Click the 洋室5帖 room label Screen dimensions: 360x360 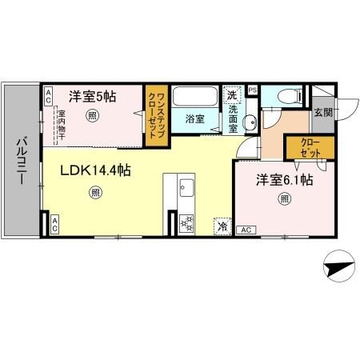[x=93, y=97]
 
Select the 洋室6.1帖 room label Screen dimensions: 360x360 [x=284, y=181]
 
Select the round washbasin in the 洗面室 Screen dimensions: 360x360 [x=249, y=122]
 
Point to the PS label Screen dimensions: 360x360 [x=253, y=90]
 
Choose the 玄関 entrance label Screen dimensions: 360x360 [x=322, y=112]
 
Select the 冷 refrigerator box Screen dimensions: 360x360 [x=221, y=227]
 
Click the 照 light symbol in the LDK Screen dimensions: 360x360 [x=95, y=191]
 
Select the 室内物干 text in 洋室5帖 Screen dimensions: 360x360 [x=60, y=124]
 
